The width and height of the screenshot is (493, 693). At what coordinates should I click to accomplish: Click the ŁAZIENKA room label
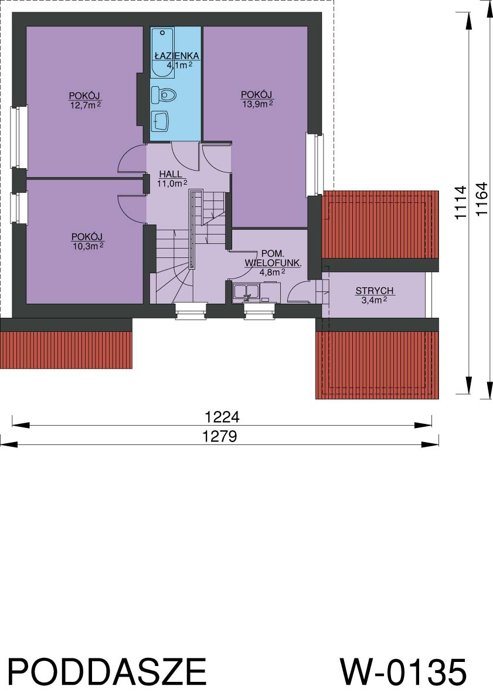(x=176, y=56)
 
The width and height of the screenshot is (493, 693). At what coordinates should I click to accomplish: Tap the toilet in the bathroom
(x=164, y=94)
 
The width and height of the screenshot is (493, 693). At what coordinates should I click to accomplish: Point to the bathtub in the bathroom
(x=162, y=53)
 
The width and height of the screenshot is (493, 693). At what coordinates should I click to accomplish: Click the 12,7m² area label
(x=86, y=105)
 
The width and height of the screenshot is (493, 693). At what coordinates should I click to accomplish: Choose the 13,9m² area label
(x=257, y=104)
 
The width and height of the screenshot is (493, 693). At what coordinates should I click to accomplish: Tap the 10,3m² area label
(x=88, y=246)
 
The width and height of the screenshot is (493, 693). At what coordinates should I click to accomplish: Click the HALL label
(x=171, y=174)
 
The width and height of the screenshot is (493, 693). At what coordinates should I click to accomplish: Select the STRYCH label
(x=375, y=291)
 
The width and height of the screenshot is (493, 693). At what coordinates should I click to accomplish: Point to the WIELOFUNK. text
(x=273, y=263)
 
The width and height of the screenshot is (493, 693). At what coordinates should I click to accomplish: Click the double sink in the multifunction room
(x=246, y=293)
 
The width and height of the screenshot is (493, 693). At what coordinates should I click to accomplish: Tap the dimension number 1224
(x=222, y=416)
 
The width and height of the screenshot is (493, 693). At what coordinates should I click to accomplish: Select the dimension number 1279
(x=220, y=436)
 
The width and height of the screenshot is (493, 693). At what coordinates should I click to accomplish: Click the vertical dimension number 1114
(x=461, y=202)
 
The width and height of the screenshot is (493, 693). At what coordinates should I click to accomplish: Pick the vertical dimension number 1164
(x=481, y=199)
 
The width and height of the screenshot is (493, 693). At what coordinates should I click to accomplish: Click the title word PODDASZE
(x=107, y=672)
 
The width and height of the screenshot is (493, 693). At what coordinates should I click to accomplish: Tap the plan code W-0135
(x=403, y=672)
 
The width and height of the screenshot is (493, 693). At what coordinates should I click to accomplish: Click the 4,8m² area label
(x=272, y=272)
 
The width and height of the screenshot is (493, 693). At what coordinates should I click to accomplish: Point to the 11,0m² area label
(x=172, y=183)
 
